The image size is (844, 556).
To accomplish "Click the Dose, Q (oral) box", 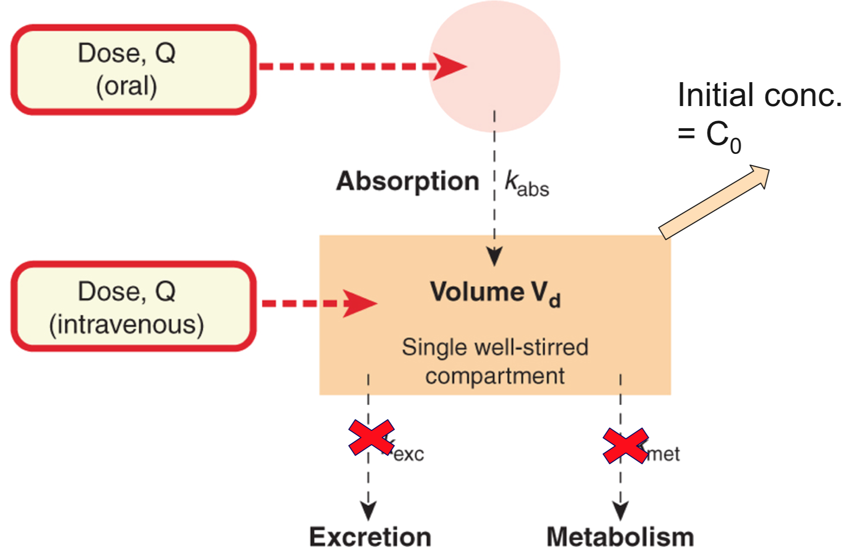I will [x=133, y=69].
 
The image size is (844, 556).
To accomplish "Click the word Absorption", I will [x=407, y=181].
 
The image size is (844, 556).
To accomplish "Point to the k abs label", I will [x=526, y=184].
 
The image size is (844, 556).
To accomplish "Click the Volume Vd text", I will [x=495, y=293].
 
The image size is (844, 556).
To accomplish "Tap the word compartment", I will [x=495, y=376].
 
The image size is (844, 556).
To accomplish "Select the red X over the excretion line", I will [x=371, y=437].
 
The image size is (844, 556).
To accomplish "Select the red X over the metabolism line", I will [x=625, y=445].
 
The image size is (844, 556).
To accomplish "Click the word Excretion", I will [x=370, y=537].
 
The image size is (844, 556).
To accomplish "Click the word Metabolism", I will [x=620, y=537].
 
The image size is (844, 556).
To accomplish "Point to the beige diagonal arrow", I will [x=714, y=202].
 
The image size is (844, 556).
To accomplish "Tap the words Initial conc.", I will [x=759, y=95].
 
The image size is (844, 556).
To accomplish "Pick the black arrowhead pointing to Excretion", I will [x=368, y=510].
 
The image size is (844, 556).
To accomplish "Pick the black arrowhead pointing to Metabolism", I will [x=620, y=510].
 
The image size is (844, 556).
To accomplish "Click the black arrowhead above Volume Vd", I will [x=494, y=256].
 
